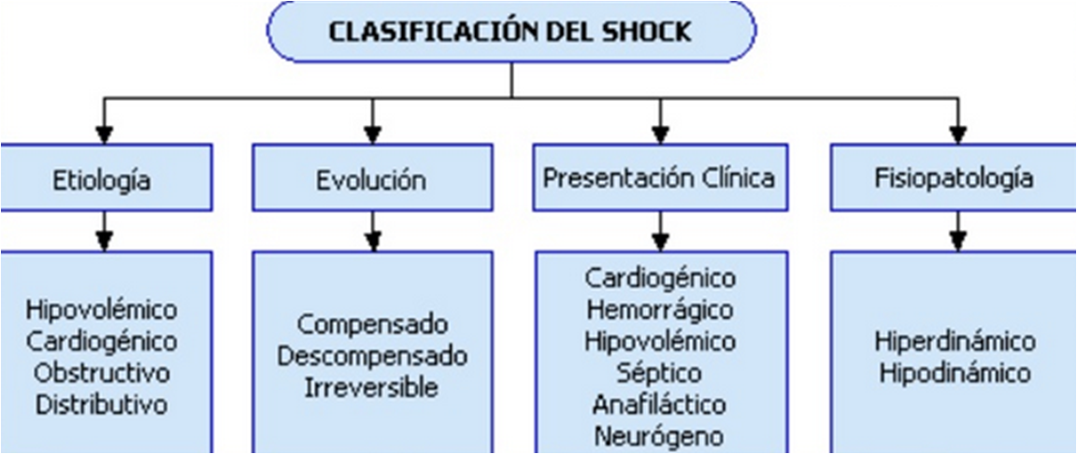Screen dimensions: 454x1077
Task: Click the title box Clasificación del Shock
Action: pyautogui.click(x=511, y=31)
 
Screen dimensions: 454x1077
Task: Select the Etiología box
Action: pyautogui.click(x=102, y=179)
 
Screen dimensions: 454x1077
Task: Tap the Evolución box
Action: pyautogui.click(x=372, y=179)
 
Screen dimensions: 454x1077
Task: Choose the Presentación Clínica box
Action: pyautogui.click(x=660, y=177)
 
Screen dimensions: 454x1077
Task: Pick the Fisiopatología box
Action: pyautogui.click(x=954, y=177)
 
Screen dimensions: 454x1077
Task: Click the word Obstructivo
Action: pyautogui.click(x=102, y=374)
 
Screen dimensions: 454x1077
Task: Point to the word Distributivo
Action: pyautogui.click(x=102, y=405)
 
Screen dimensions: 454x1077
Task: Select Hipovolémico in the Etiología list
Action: pyautogui.click(x=102, y=310)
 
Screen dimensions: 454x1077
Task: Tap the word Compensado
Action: pyautogui.click(x=372, y=325)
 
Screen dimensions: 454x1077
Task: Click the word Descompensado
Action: pyautogui.click(x=372, y=357)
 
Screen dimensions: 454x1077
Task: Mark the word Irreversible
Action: pyautogui.click(x=372, y=388)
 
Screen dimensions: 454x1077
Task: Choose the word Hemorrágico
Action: pyautogui.click(x=660, y=309)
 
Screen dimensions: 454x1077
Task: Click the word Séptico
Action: pyautogui.click(x=660, y=374)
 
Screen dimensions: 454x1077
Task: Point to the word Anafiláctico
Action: pyautogui.click(x=660, y=405)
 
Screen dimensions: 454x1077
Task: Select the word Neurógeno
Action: pyautogui.click(x=660, y=436)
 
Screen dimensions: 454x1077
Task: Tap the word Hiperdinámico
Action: pyautogui.click(x=954, y=341)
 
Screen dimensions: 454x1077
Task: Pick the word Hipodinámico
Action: pyautogui.click(x=954, y=374)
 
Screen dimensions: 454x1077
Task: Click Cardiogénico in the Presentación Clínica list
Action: pyautogui.click(x=660, y=277)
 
